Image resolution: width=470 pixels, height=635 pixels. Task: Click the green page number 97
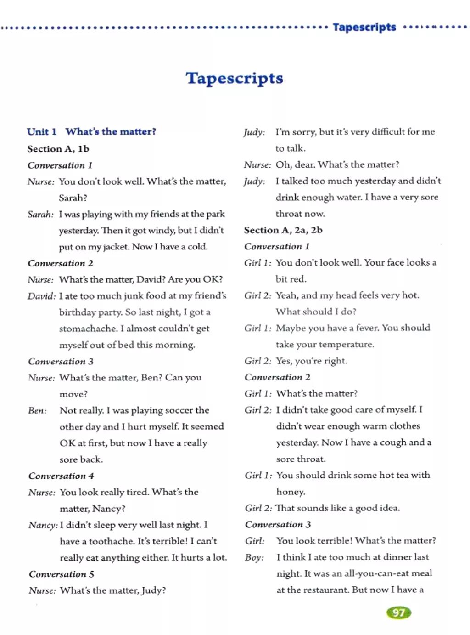pyautogui.click(x=399, y=612)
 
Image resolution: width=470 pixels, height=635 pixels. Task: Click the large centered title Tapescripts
pyautogui.click(x=235, y=78)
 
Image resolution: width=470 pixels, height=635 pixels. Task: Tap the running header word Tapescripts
pyautogui.click(x=364, y=27)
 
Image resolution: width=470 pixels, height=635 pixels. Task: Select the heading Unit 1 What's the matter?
pyautogui.click(x=91, y=132)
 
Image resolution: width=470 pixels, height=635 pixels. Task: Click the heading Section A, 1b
pyautogui.click(x=58, y=149)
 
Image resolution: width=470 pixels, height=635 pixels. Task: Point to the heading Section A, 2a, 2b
pyautogui.click(x=283, y=230)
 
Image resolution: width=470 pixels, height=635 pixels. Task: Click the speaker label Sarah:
pyautogui.click(x=40, y=214)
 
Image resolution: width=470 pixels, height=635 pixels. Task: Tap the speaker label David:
pyautogui.click(x=41, y=296)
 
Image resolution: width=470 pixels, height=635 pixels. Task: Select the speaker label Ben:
pyautogui.click(x=37, y=410)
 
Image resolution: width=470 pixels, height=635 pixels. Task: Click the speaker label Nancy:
pyautogui.click(x=43, y=525)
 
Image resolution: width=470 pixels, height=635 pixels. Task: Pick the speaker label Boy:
pyautogui.click(x=254, y=557)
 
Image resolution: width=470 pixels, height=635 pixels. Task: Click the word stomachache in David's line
pyautogui.click(x=88, y=329)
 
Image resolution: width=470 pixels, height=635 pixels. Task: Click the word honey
pyautogui.click(x=290, y=492)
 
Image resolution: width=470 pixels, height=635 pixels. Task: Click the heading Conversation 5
pyautogui.click(x=62, y=574)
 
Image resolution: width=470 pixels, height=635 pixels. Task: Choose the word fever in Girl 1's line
pyautogui.click(x=367, y=328)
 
